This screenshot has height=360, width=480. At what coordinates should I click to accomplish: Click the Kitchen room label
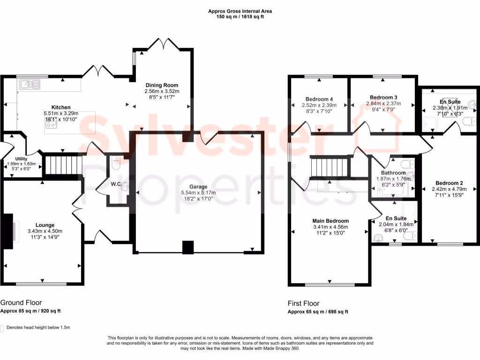coord(61,107)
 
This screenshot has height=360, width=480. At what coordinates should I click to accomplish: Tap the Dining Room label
coord(162,85)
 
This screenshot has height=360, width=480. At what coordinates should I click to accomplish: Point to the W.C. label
coord(116,184)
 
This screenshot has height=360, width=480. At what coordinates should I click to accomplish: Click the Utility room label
coord(22,159)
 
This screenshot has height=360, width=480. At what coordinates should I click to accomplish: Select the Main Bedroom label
coord(330,221)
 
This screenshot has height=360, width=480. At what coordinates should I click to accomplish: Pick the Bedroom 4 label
coord(319,99)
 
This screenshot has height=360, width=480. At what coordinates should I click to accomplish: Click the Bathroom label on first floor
coord(393,173)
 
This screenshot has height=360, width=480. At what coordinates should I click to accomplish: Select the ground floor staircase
coord(63,165)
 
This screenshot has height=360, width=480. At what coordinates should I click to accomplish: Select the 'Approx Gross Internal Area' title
coord(240,11)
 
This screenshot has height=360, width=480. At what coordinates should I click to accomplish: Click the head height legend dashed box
coord(2,328)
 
